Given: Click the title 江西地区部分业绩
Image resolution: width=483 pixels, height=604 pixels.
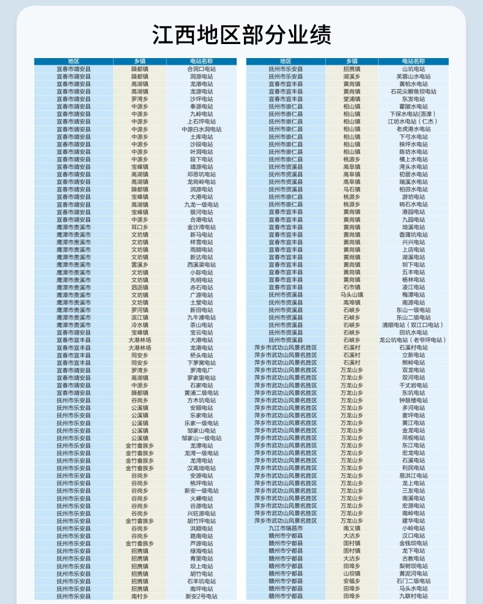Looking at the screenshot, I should [x=242, y=35].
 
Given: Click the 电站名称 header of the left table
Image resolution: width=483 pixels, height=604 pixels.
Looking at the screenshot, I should [x=201, y=61].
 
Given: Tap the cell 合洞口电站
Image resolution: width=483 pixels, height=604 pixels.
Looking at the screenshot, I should [x=201, y=69].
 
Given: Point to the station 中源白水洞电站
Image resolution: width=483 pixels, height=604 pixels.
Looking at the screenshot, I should [x=201, y=130].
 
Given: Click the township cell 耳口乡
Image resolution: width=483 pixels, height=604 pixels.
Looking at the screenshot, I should [x=139, y=227].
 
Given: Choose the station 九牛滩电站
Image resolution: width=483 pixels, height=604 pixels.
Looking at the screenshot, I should [x=201, y=317].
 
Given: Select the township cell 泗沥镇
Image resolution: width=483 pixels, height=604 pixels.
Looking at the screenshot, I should [x=139, y=287].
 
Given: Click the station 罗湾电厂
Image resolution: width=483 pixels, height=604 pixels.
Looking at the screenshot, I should [x=201, y=370].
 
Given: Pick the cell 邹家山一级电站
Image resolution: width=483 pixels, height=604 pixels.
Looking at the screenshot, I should [x=201, y=438].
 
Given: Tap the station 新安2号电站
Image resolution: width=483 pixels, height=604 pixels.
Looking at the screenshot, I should [x=201, y=596].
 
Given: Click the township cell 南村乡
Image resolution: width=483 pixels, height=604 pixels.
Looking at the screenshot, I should [x=139, y=596].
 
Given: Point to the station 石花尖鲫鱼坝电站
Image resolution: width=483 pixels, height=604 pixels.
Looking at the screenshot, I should [x=413, y=92].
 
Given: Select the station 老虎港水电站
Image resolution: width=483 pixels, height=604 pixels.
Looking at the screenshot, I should [x=413, y=130].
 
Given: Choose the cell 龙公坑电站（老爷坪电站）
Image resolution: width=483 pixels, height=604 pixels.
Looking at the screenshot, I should [x=413, y=340].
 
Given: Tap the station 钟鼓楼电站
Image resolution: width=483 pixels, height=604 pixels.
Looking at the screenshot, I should [x=413, y=400].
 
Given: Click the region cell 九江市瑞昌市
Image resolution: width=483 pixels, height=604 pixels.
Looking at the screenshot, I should [x=286, y=528].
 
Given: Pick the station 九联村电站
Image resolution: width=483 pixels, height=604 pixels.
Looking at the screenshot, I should [x=413, y=596].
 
